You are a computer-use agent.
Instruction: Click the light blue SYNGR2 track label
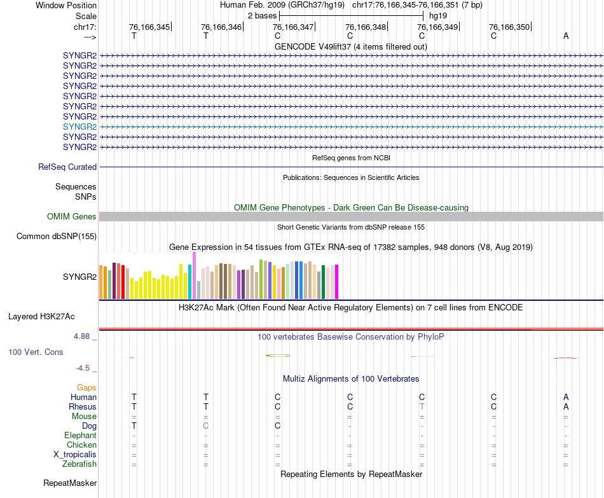point(79,127)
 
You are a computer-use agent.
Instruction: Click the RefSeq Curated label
point(67,167)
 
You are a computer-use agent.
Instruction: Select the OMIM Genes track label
point(71,217)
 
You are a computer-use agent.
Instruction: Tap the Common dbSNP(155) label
point(57,237)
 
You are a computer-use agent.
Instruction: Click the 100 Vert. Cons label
point(36,352)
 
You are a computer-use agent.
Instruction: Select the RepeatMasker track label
point(70,483)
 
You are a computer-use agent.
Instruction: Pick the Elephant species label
point(80,435)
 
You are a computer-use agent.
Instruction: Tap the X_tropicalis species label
point(75,455)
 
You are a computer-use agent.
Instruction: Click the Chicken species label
point(82,445)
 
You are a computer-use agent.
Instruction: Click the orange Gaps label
point(86,387)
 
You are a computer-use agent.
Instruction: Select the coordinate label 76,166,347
point(293,27)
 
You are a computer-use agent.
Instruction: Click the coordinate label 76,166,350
point(509,27)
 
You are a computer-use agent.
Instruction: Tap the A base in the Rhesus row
point(566,406)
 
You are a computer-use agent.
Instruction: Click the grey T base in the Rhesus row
point(422,406)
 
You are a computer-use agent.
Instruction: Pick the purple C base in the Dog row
point(205,425)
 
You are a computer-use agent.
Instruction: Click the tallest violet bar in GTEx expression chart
point(195,275)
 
